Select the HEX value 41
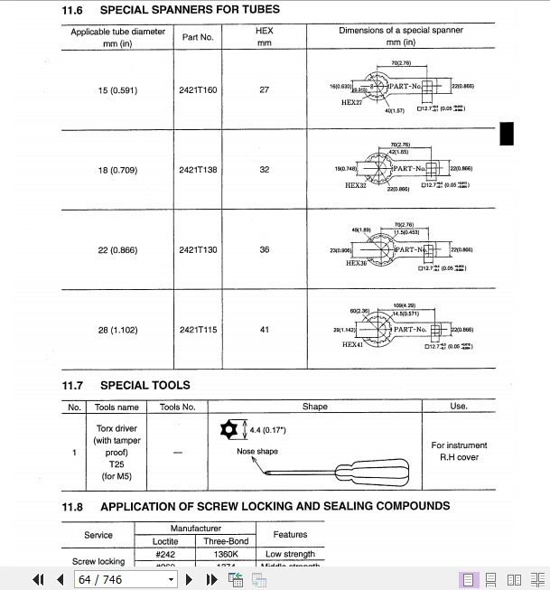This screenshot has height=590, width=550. pyautogui.click(x=264, y=330)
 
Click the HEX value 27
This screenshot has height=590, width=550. pyautogui.click(x=264, y=90)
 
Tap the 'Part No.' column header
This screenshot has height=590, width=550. pyautogui.click(x=197, y=37)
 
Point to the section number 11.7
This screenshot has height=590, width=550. pyautogui.click(x=72, y=385)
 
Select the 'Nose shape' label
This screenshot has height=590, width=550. pyautogui.click(x=257, y=451)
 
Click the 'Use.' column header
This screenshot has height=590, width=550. pyautogui.click(x=459, y=407)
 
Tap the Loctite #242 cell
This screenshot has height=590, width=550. pyautogui.click(x=164, y=554)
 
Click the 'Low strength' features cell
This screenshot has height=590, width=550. pyautogui.click(x=290, y=554)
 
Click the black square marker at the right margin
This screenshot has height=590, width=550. pyautogui.click(x=507, y=133)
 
